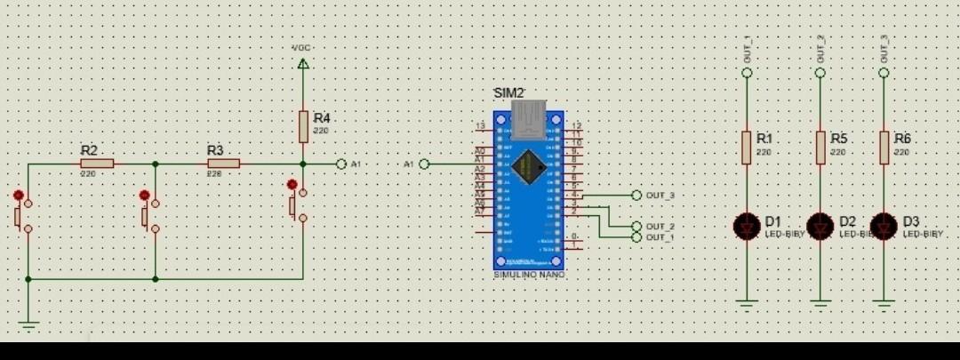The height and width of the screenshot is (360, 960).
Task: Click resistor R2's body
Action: (x=97, y=164)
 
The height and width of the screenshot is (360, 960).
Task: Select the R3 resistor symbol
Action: (x=224, y=164)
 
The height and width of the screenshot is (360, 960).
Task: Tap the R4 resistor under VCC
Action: (x=303, y=126)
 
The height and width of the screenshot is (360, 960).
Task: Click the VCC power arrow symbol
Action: (x=303, y=63)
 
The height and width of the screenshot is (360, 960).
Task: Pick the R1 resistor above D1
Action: (x=747, y=147)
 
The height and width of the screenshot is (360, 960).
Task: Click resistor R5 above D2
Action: (x=820, y=147)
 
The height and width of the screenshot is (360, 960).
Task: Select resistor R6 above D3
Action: (x=884, y=147)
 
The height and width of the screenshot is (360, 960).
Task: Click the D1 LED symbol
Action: (x=747, y=226)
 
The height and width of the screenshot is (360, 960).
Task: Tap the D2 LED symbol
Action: (x=820, y=226)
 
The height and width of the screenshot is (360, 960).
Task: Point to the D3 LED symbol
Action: (x=884, y=226)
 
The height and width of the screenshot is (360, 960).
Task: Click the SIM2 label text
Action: (x=509, y=93)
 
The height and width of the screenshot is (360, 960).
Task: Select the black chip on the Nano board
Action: (x=529, y=165)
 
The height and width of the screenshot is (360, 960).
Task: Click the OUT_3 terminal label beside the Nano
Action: (x=660, y=195)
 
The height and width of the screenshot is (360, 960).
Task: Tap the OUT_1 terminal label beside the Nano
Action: (x=660, y=237)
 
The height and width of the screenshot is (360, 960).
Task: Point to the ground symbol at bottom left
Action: (x=28, y=325)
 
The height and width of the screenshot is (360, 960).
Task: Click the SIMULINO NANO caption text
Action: (x=529, y=275)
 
